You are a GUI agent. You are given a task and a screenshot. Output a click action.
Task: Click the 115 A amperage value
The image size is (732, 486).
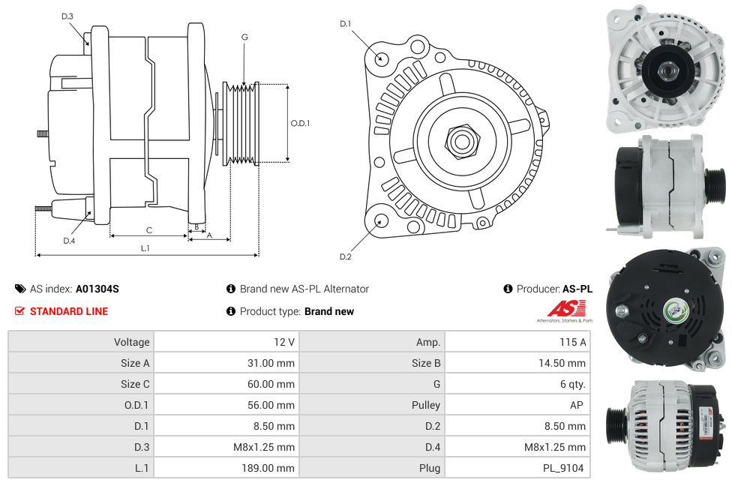click(x=572, y=342)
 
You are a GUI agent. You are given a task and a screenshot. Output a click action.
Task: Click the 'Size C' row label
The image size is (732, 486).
click(x=135, y=384)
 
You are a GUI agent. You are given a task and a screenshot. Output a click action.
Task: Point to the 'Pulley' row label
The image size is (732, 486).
click(x=426, y=405)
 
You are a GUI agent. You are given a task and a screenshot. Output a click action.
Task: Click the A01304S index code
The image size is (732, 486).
click(x=97, y=289)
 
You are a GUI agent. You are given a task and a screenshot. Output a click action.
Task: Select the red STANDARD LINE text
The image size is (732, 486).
click(x=69, y=311)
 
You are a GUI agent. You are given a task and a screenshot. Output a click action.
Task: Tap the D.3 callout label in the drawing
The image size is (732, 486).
click(x=67, y=16)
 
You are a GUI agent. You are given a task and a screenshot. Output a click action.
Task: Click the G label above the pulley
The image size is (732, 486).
click(x=244, y=37)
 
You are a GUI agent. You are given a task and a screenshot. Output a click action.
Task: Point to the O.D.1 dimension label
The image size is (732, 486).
click(x=300, y=123)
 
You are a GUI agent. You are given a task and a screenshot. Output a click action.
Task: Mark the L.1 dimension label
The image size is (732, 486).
click(x=145, y=247)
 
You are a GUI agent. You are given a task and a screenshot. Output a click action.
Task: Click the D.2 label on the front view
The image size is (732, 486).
click(x=345, y=256)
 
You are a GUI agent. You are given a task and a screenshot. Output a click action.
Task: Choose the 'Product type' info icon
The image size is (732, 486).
click(x=231, y=311)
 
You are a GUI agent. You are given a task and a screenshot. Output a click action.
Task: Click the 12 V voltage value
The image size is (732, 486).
click(x=284, y=342)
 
